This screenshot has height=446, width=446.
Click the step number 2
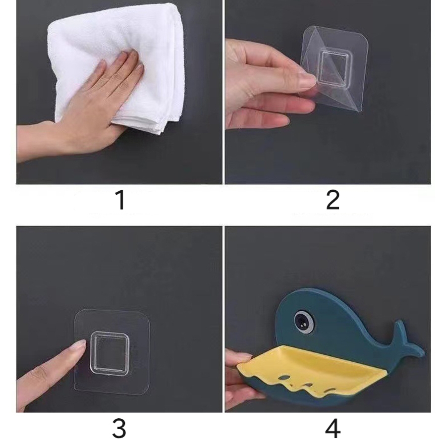(x=333, y=200)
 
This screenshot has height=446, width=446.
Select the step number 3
(x=119, y=429)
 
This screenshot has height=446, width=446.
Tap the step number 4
(x=333, y=429)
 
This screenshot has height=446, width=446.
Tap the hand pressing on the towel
(x=85, y=103)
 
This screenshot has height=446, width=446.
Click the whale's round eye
(x=305, y=321)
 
